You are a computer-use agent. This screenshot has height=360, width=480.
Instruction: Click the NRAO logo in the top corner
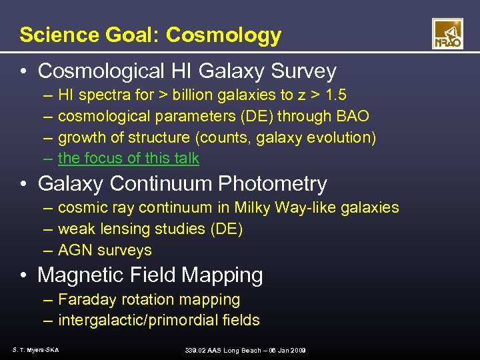(447, 34)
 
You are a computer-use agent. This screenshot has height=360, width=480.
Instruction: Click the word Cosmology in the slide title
(223, 35)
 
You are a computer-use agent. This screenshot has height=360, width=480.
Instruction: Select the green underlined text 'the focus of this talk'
(129, 159)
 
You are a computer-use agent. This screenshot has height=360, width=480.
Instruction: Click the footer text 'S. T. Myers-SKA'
(35, 350)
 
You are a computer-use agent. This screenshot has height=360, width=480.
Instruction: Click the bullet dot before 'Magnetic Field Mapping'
(25, 275)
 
